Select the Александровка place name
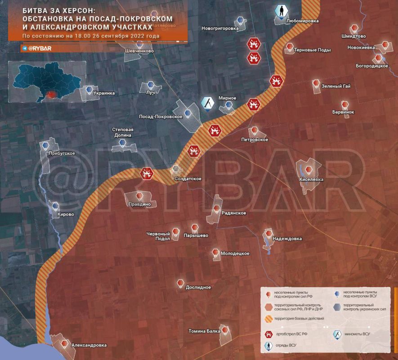89,345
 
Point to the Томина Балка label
204,331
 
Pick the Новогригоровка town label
220,28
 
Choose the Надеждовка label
287,238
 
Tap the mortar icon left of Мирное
207,103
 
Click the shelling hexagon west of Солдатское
146,173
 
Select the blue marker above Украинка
89,89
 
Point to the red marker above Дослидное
180,283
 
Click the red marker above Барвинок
345,104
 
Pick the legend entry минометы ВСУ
359,334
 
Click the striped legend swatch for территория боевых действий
268,319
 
